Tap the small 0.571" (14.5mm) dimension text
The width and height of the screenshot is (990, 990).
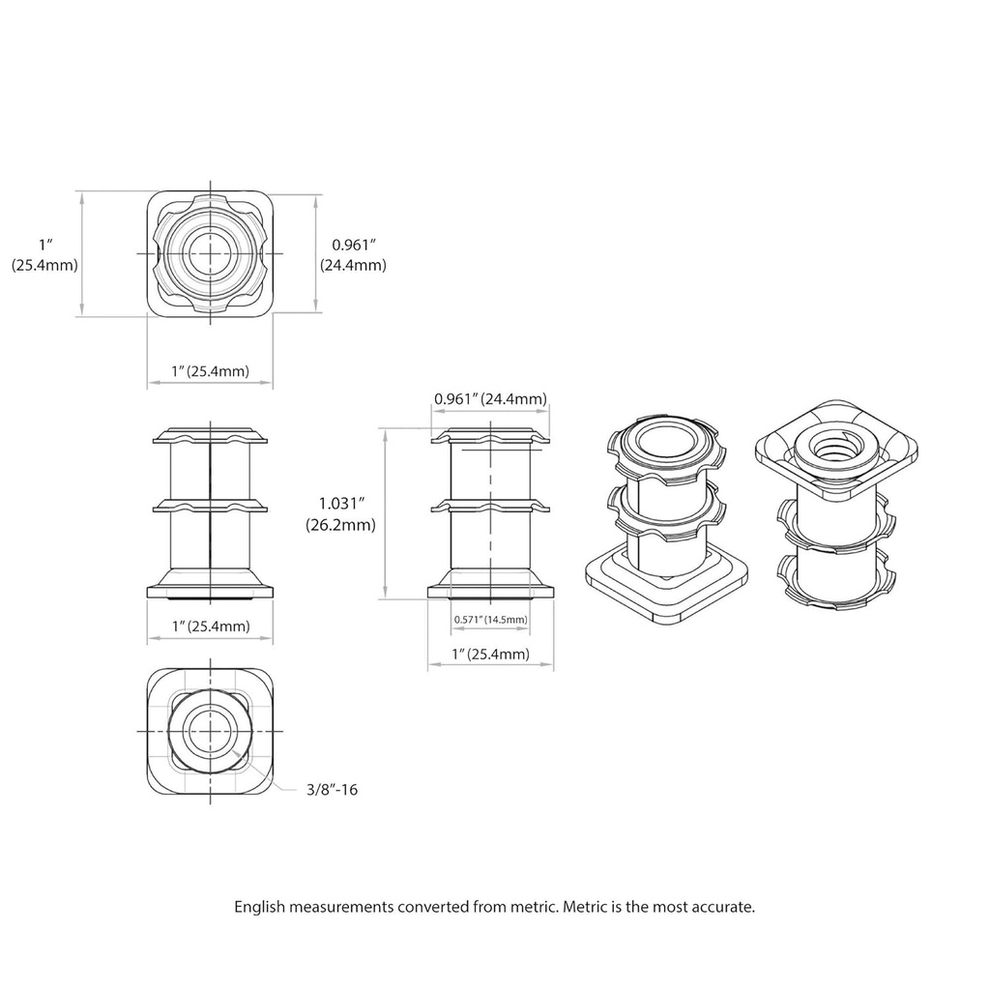click(x=491, y=619)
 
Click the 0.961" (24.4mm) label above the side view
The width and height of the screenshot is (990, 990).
click(x=490, y=398)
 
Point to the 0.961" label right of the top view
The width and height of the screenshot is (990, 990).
click(x=353, y=255)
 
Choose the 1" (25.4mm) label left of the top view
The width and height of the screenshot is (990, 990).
click(x=44, y=255)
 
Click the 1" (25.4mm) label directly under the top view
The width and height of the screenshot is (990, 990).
click(x=210, y=371)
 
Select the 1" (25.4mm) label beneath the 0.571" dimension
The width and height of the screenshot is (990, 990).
click(x=490, y=654)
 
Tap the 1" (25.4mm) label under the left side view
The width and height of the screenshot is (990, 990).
click(x=210, y=626)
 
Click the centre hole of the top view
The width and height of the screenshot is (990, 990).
click(x=210, y=253)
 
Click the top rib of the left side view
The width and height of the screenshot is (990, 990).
click(x=210, y=436)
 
